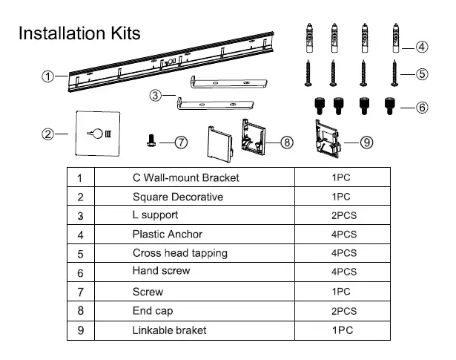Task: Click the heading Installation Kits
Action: click(79, 33)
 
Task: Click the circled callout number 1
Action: click(48, 76)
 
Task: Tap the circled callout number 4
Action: click(421, 47)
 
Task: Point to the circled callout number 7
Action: click(180, 143)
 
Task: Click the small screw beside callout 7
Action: click(151, 139)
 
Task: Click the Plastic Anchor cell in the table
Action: click(167, 235)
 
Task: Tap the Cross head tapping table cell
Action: click(179, 253)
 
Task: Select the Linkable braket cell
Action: click(171, 330)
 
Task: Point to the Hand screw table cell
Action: click(161, 272)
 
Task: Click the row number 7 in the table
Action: click(79, 292)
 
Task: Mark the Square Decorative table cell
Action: click(177, 197)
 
